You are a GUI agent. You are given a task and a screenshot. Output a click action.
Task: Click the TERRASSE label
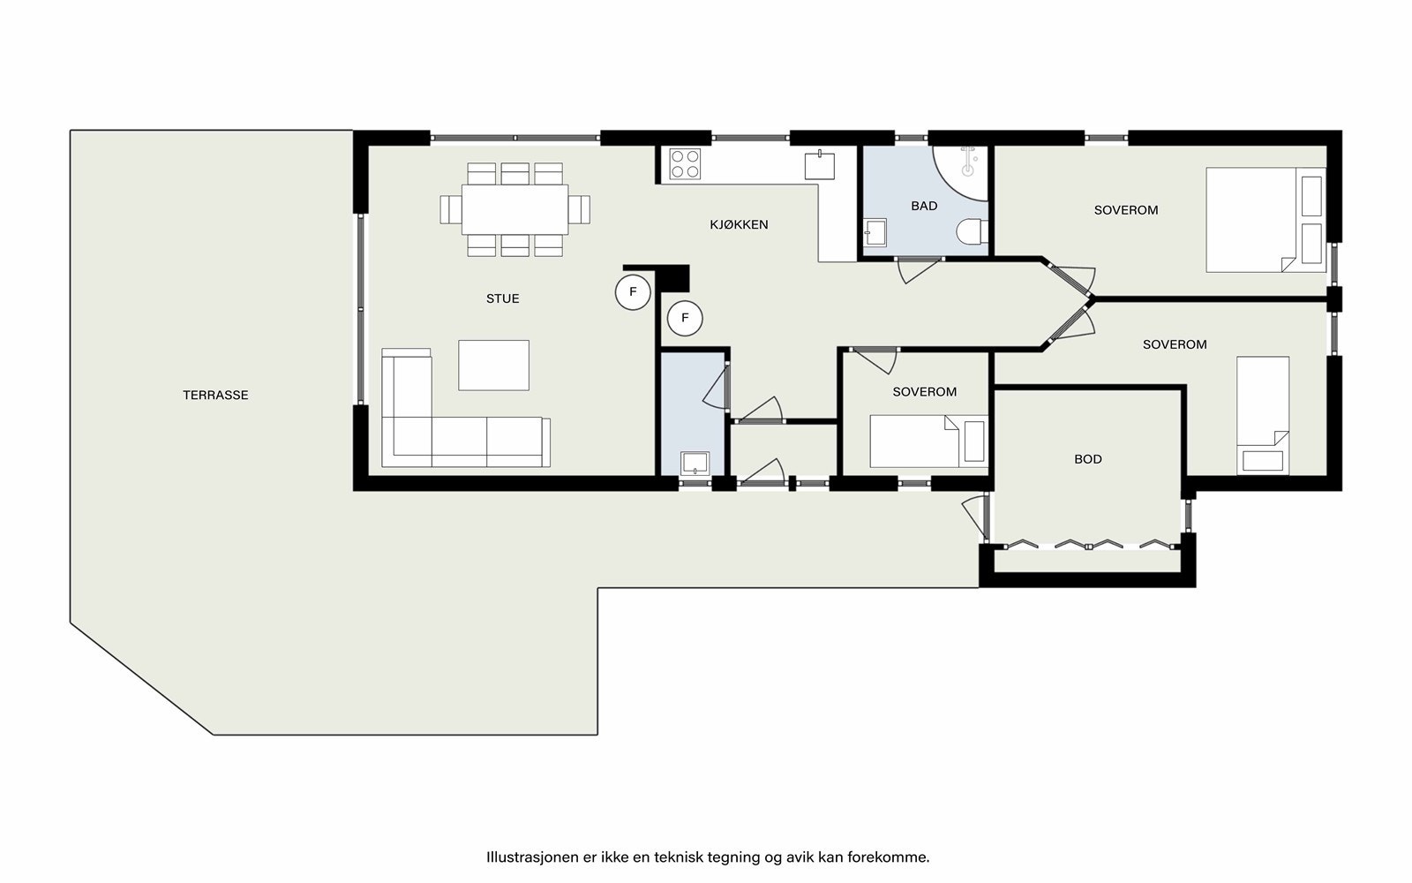point(215,396)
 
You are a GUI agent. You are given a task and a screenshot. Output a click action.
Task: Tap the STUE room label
point(502,299)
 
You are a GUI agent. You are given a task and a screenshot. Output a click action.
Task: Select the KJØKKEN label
point(739,224)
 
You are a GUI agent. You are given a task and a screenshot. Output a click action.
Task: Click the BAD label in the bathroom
point(924,206)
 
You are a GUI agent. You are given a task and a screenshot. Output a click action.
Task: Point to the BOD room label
point(1088,459)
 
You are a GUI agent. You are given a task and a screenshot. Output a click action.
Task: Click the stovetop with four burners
point(685,163)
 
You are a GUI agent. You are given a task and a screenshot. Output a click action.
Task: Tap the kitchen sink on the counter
point(820,164)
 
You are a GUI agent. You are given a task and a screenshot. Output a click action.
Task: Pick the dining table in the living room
point(515,209)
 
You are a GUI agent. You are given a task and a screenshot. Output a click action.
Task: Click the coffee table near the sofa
point(493,366)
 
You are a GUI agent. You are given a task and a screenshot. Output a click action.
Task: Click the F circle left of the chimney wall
point(633,292)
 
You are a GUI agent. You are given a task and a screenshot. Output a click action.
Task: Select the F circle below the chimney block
point(685,319)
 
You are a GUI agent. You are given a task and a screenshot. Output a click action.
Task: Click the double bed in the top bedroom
point(1266,220)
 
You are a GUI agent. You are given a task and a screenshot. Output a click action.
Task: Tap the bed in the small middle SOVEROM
point(928,441)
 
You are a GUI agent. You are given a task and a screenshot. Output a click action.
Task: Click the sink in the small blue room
point(695,463)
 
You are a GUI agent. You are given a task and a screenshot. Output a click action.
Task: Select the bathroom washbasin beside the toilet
point(875,232)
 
